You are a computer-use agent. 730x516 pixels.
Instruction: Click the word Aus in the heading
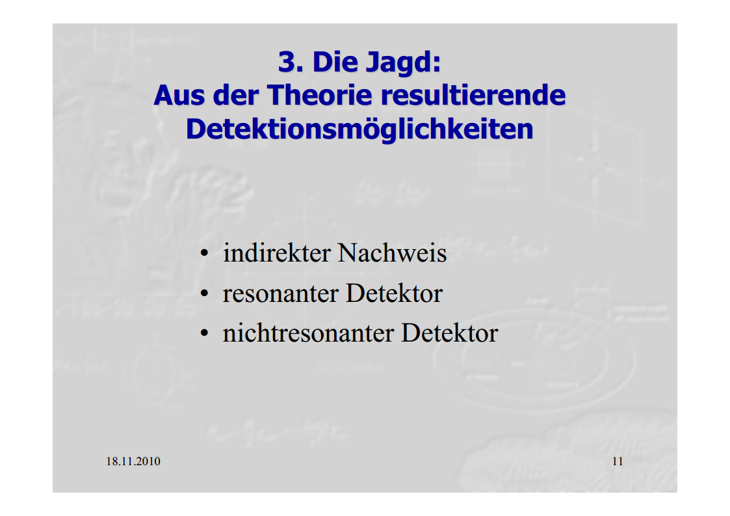(x=179, y=95)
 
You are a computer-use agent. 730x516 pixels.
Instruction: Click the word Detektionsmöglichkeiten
(x=359, y=129)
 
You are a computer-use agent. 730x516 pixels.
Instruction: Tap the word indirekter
(x=276, y=253)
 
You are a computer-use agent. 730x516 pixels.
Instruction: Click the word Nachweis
(x=392, y=253)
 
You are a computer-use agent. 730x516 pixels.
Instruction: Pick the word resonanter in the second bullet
(x=280, y=293)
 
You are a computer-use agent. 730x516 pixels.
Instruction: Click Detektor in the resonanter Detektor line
(x=394, y=293)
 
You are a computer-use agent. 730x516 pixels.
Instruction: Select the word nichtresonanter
(x=308, y=333)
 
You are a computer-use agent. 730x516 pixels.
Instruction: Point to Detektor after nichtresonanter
(x=450, y=333)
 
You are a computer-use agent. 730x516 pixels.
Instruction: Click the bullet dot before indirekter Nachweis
(x=204, y=254)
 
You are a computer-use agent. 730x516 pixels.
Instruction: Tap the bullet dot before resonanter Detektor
(x=204, y=294)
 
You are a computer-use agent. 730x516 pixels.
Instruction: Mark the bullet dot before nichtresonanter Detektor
(x=204, y=334)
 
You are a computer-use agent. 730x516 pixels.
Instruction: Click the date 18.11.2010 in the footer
(x=133, y=461)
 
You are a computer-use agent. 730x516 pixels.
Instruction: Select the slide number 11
(x=618, y=461)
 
